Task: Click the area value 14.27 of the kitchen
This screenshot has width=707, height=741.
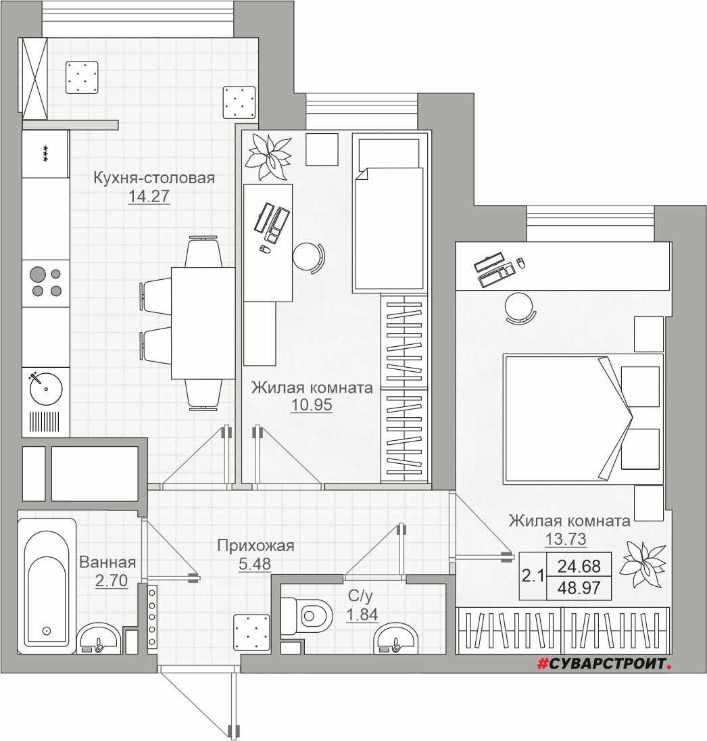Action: [149, 196]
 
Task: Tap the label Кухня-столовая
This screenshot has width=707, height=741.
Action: [154, 178]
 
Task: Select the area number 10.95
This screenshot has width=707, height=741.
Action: [312, 405]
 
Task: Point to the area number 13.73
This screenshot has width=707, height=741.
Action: [566, 539]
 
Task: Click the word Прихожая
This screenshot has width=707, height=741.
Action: [255, 546]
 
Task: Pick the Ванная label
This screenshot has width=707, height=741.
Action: [107, 563]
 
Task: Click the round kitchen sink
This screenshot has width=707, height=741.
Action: [46, 389]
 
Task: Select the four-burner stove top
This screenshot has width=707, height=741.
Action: [46, 282]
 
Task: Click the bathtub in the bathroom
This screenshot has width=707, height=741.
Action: [47, 586]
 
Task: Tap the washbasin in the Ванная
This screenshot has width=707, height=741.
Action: [98, 639]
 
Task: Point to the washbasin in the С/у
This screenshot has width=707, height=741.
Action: [395, 639]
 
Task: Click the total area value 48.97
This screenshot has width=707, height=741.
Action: [579, 588]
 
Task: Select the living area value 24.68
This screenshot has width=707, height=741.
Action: [579, 566]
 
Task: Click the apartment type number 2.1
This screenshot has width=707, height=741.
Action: [533, 576]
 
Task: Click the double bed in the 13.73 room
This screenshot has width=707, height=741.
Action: [583, 419]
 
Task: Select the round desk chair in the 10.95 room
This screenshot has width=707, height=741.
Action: [308, 258]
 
